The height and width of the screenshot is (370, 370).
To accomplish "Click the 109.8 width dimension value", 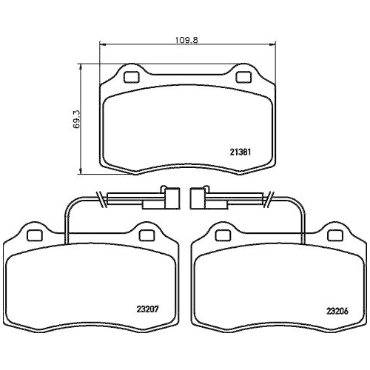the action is tap(186, 40).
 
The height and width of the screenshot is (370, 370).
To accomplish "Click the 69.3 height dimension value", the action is tap(76, 119).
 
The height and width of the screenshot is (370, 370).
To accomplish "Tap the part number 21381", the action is tap(240, 152).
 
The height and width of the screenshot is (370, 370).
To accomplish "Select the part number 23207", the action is tap(148, 309).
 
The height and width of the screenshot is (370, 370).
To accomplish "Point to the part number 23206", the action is tap(337, 311).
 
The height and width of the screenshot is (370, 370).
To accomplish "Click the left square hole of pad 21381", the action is tap(131, 77).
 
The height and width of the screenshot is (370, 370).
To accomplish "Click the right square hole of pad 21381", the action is tap(243, 77).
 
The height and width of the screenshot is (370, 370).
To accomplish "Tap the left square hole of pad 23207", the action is tap(35, 235).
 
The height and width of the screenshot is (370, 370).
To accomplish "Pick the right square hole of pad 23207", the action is tap(147, 235).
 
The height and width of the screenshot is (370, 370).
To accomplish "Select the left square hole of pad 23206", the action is tap(223, 235).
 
